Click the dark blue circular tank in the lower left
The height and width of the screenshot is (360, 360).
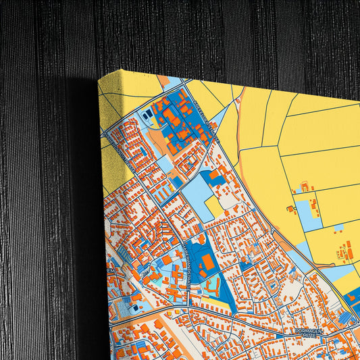point(134,308)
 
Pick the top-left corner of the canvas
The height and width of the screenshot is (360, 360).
point(99,77)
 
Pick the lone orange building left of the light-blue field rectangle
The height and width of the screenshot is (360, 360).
point(290,209)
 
